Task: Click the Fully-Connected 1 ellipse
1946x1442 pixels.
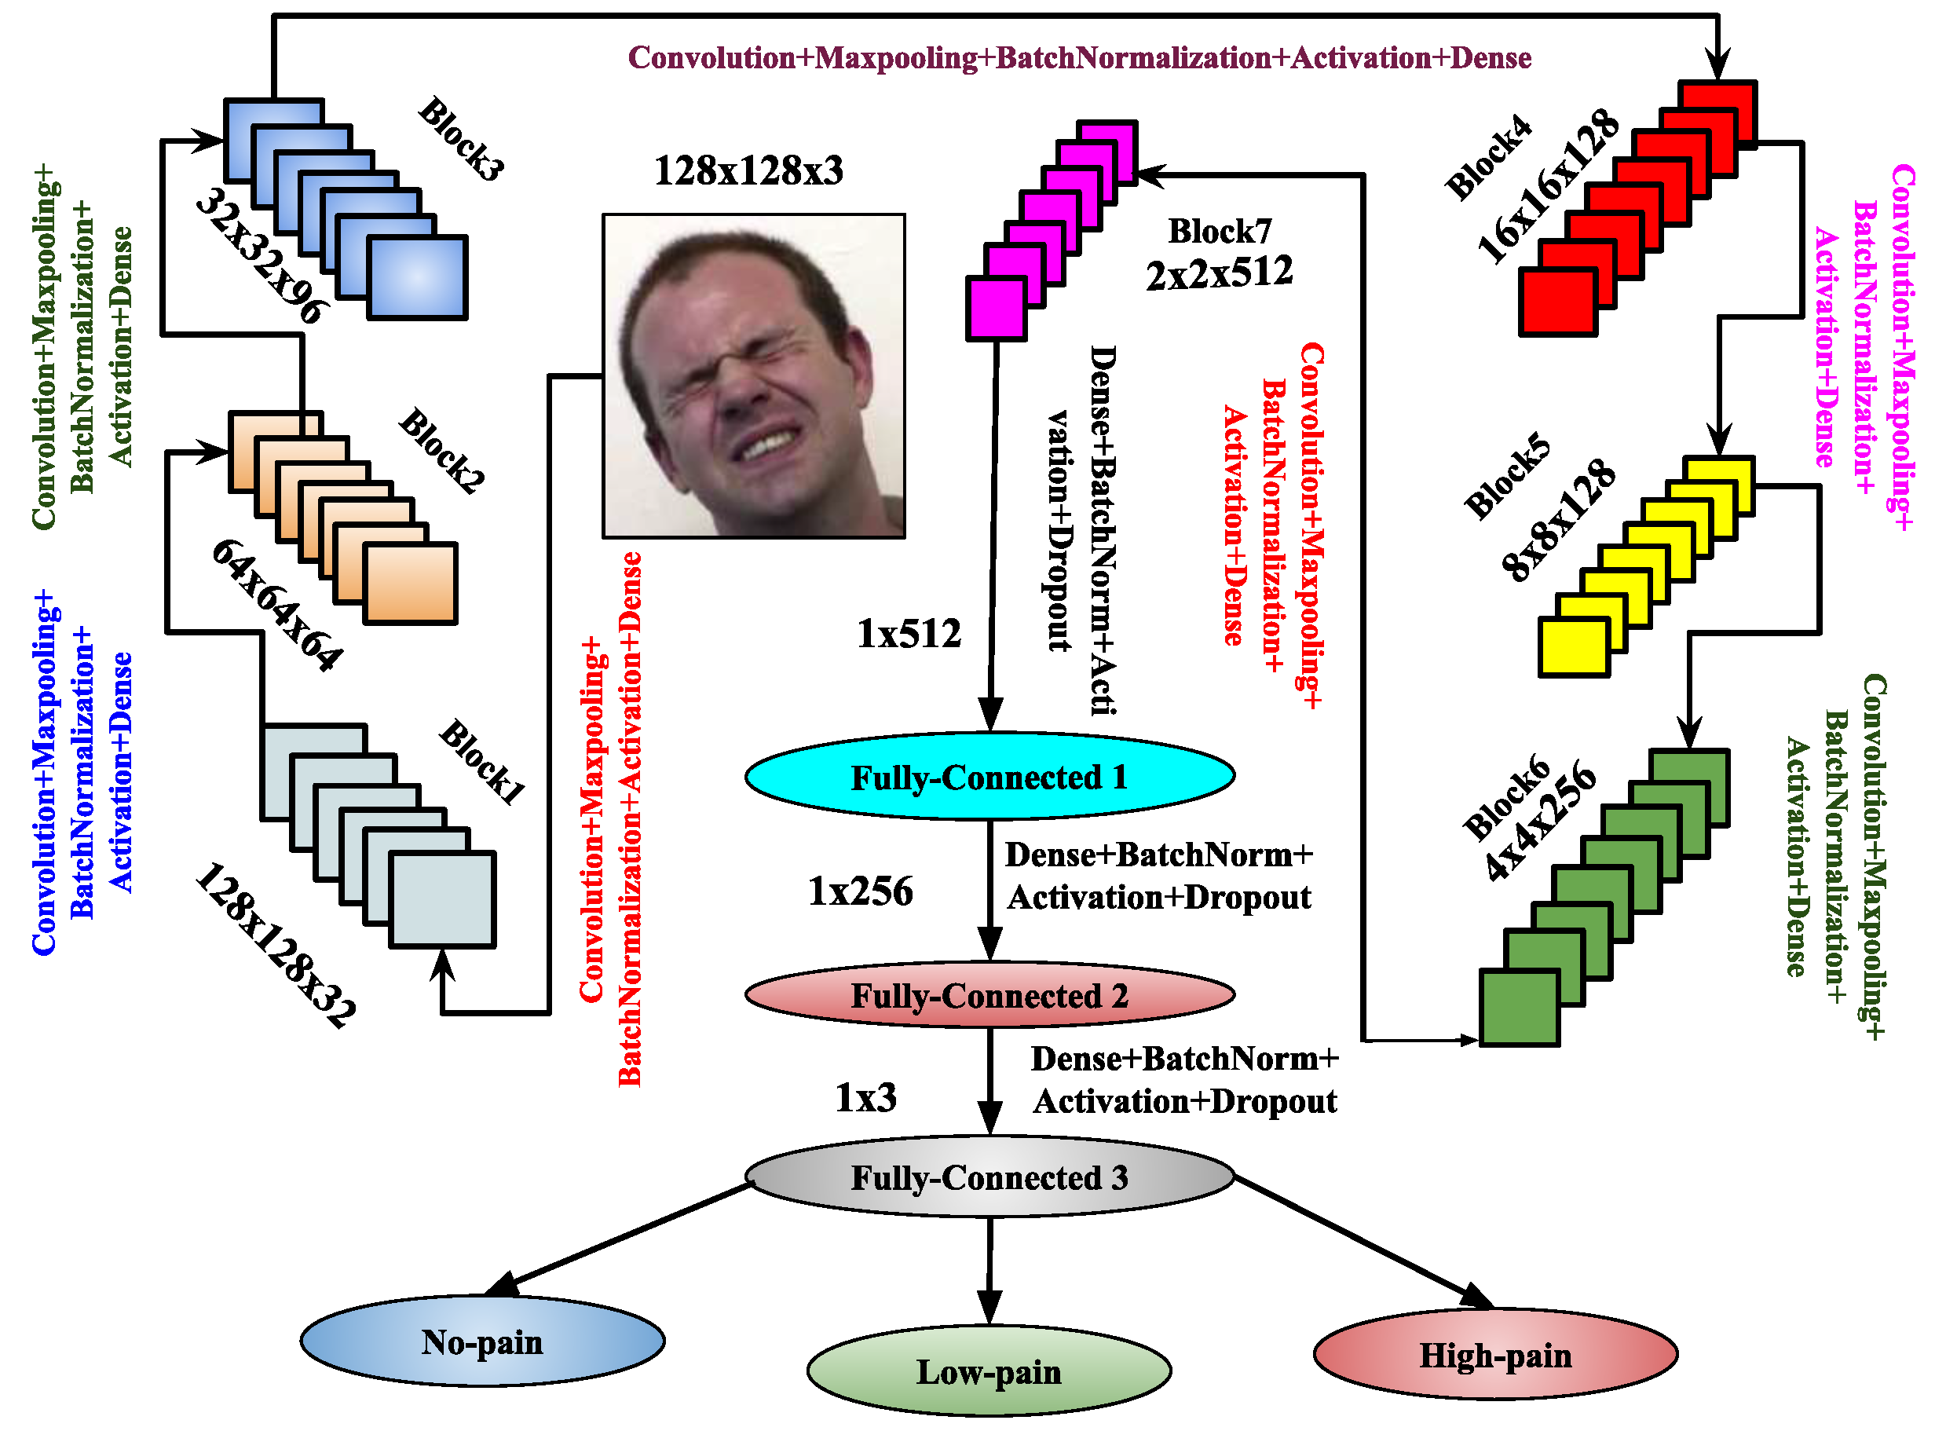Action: (989, 776)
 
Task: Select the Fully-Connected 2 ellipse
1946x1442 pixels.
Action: (989, 995)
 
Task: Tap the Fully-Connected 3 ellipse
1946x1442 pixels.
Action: (989, 1177)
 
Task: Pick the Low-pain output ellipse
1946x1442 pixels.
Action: (989, 1371)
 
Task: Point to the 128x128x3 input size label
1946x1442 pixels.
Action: (748, 170)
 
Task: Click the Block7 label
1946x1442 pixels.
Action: (1219, 232)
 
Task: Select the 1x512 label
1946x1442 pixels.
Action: (909, 634)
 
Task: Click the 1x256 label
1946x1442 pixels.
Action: (861, 891)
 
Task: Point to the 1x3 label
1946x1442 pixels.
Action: (865, 1097)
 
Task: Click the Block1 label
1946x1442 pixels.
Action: (482, 760)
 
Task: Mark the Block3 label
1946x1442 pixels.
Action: (462, 140)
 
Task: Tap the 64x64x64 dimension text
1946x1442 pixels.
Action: (277, 605)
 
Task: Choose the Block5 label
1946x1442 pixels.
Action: (1508, 476)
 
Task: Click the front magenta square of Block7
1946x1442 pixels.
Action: (995, 308)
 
